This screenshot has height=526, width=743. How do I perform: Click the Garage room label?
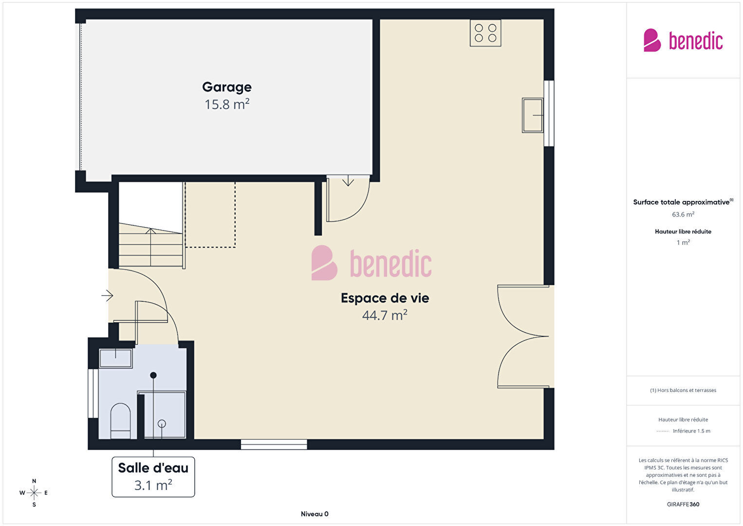[227, 87]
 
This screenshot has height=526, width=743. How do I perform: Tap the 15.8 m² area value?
[227, 104]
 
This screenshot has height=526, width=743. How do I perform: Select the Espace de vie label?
[385, 298]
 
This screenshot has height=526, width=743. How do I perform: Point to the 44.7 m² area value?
[385, 315]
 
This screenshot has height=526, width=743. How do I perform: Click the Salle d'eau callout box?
[153, 477]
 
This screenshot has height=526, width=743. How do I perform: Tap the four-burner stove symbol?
[485, 33]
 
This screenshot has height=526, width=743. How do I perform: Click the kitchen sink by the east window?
[532, 115]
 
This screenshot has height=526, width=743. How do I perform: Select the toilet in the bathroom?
[120, 421]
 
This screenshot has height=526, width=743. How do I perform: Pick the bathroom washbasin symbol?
[116, 358]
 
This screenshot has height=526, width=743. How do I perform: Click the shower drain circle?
[162, 424]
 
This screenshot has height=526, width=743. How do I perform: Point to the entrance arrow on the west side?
[107, 295]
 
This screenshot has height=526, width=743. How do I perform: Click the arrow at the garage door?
[348, 181]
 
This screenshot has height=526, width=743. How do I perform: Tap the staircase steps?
[150, 245]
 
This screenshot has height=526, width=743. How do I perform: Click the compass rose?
[34, 493]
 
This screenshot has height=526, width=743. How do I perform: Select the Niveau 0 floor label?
[315, 514]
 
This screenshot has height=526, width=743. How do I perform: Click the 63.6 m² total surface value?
[683, 214]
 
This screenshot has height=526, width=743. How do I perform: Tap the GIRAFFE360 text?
[683, 504]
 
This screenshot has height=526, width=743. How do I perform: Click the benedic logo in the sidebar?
[683, 40]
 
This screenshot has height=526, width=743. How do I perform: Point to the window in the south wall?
[274, 444]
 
